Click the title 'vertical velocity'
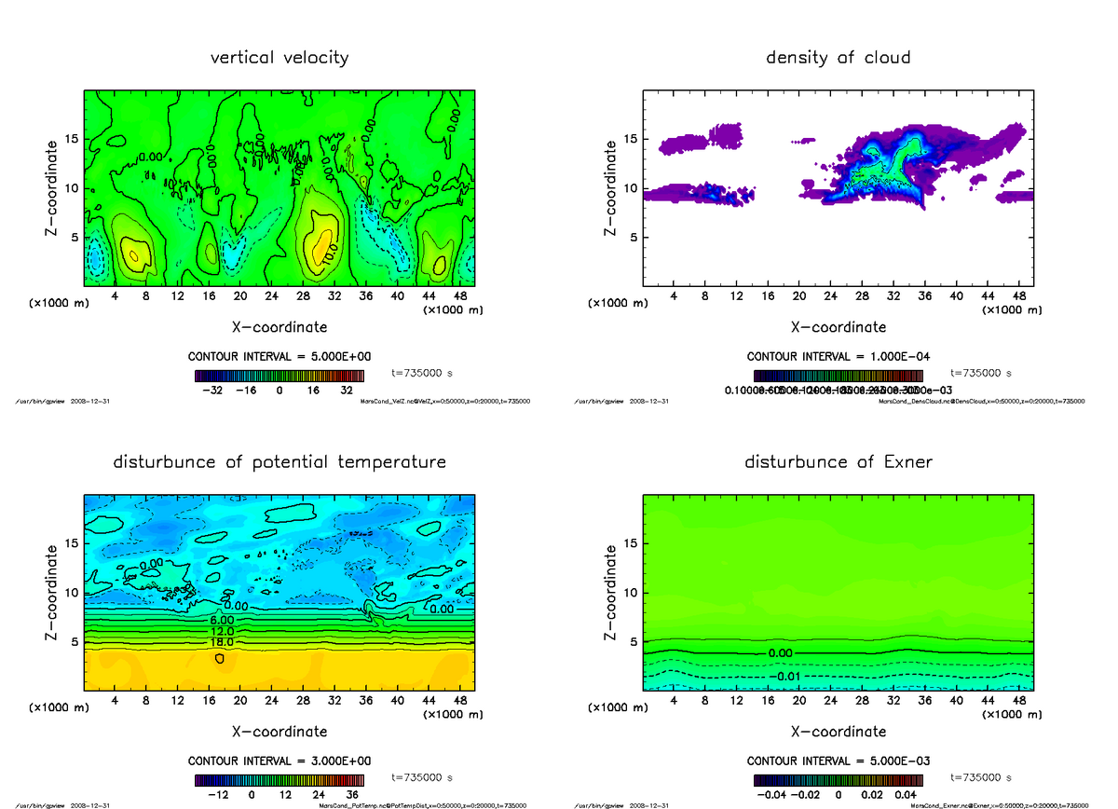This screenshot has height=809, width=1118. pyautogui.click(x=279, y=58)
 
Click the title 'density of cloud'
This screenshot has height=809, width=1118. pyautogui.click(x=838, y=58)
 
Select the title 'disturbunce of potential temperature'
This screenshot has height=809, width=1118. pyautogui.click(x=279, y=462)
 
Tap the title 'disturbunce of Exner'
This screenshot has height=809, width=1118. pyautogui.click(x=838, y=462)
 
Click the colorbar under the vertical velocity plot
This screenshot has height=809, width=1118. pyautogui.click(x=279, y=376)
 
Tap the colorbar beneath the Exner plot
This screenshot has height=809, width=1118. pyautogui.click(x=838, y=780)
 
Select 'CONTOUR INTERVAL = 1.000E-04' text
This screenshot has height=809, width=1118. pyautogui.click(x=838, y=357)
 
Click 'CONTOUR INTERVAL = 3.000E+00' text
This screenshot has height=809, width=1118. pyautogui.click(x=279, y=761)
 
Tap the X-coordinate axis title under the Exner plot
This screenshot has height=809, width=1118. pyautogui.click(x=838, y=732)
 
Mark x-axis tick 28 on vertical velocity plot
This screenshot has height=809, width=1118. pyautogui.click(x=303, y=295)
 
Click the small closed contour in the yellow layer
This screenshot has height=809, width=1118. pyautogui.click(x=220, y=658)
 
